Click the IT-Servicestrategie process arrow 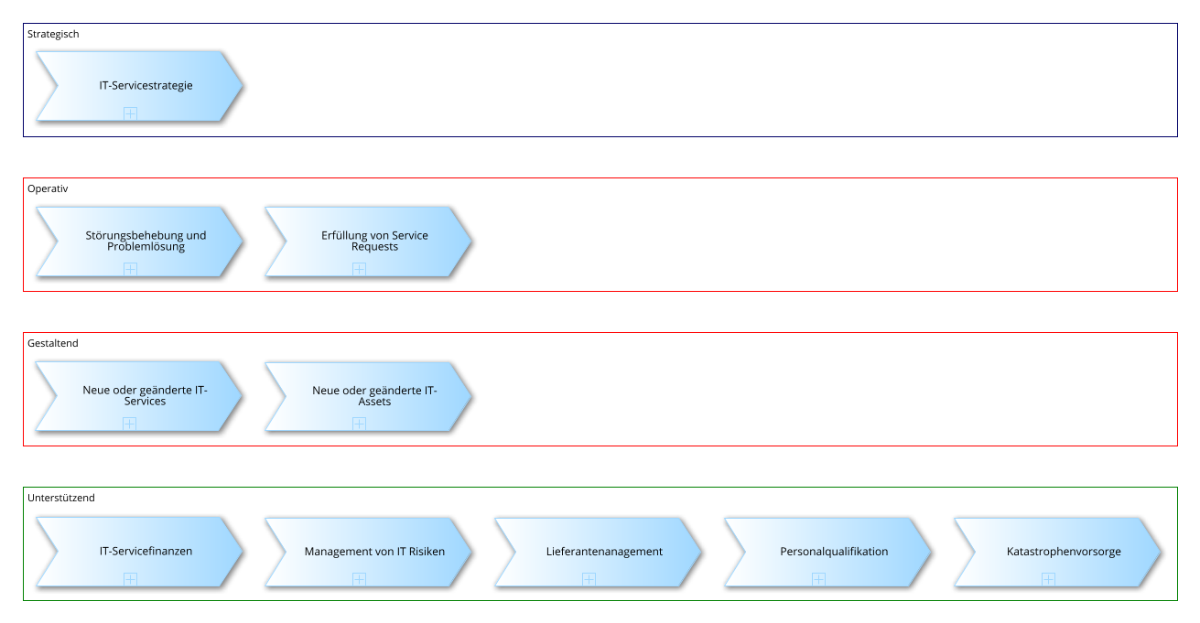(x=140, y=86)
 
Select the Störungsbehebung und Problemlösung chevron (x=140, y=242)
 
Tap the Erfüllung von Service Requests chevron (x=370, y=242)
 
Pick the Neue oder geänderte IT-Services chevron (x=139, y=396)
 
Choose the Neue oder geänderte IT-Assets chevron (x=370, y=397)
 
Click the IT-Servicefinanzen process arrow (x=140, y=552)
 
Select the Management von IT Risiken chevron (x=370, y=552)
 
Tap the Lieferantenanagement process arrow (x=599, y=552)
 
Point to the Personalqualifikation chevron (x=828, y=552)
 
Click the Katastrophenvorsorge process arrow (x=1058, y=552)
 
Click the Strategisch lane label (x=53, y=34)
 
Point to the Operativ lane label (x=48, y=189)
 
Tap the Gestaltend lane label (x=52, y=343)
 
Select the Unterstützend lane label (x=61, y=498)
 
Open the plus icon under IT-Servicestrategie (x=130, y=113)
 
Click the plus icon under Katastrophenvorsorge (x=1048, y=579)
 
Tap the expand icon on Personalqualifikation (x=818, y=579)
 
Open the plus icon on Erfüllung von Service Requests (x=360, y=269)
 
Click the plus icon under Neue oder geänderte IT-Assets (x=360, y=424)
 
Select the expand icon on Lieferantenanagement (x=589, y=579)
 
